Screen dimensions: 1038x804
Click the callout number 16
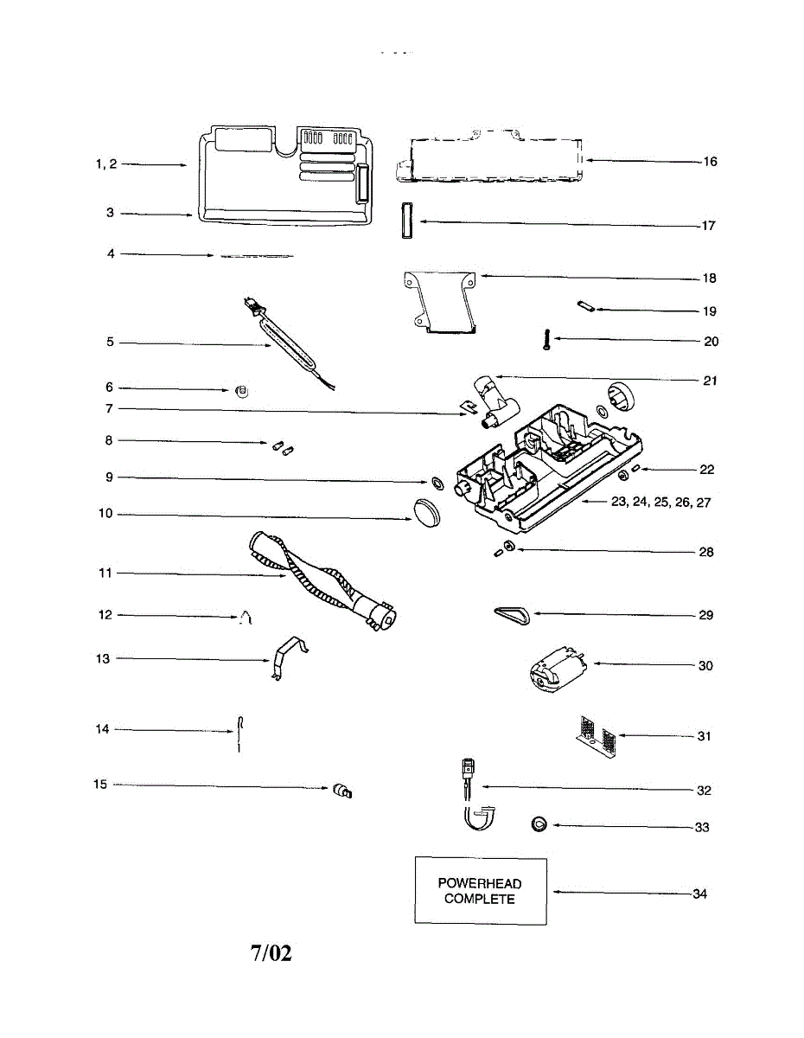pos(710,162)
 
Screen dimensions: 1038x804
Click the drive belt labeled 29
pos(514,613)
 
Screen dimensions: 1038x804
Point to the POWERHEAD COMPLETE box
pos(481,891)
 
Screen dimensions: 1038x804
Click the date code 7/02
pos(271,953)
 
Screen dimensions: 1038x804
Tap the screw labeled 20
pos(546,340)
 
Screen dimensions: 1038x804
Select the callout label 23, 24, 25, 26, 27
pos(660,502)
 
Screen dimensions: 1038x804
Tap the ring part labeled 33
pos(539,824)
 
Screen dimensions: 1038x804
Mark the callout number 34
pos(699,894)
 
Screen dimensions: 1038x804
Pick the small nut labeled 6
pos(243,391)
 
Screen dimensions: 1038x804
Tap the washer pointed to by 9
pos(436,480)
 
